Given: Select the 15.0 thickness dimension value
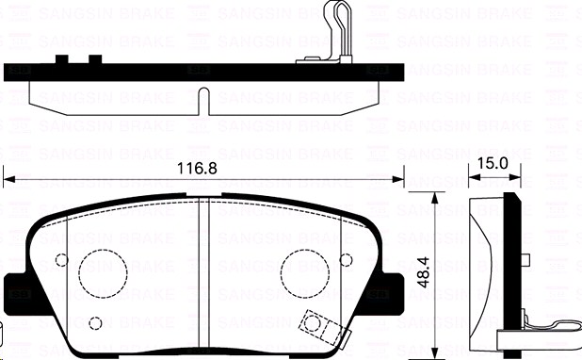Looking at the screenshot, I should (493, 164).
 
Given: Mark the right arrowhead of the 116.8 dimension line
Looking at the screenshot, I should (399, 179).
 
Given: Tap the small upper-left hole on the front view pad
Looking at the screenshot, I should (62, 261).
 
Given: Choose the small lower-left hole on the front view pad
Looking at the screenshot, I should (95, 321).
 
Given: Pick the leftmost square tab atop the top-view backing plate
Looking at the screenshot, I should (62, 59).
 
